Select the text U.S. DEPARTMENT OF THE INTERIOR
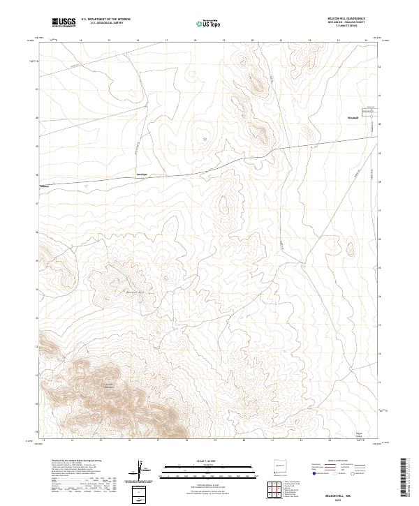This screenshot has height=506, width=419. tap(105, 20)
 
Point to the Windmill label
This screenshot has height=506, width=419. tap(353, 117)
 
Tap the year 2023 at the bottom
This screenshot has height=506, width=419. tap(348, 500)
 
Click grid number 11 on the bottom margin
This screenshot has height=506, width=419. tap(43, 441)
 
